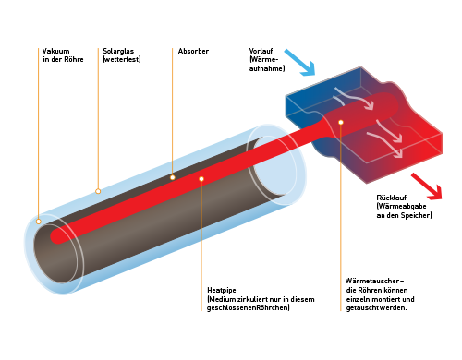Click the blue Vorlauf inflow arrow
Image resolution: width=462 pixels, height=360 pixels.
tap(300, 63)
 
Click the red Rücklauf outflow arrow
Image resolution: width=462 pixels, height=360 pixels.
tap(427, 186)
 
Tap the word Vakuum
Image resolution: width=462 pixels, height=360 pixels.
tap(55, 51)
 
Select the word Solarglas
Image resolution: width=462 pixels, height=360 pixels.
tap(118, 51)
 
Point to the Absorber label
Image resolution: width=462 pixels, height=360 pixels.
tap(193, 51)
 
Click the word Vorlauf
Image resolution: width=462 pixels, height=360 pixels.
tap(261, 51)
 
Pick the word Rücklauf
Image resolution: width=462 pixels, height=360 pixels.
tap(392, 198)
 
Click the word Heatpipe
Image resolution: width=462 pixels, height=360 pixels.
tap(222, 290)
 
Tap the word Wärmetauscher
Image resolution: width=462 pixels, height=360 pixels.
tap(372, 281)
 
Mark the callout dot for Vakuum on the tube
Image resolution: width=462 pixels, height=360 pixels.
tap(39, 222)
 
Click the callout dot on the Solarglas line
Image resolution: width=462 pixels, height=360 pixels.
tap(98, 191)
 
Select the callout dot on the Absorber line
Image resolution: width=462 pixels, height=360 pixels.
tap(173, 177)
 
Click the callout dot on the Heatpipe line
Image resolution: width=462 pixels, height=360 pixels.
tap(201, 179)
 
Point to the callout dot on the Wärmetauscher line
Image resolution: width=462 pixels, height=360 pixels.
tap(341, 123)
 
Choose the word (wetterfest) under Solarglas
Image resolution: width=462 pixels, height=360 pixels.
tap(122, 59)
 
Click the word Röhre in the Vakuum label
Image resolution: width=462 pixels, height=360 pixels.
tap(74, 59)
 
